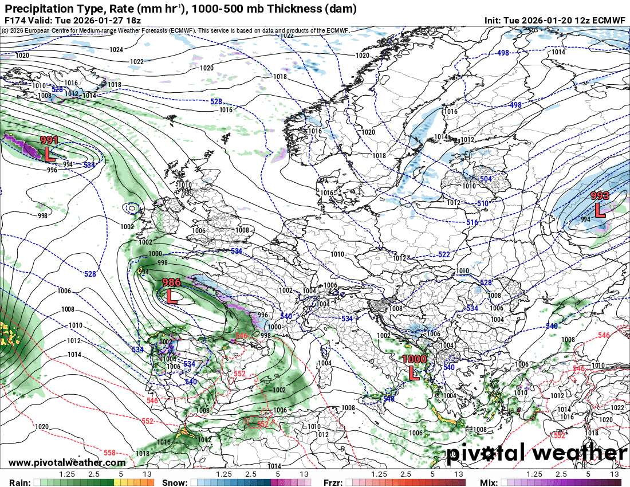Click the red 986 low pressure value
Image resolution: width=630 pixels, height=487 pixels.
point(172,282)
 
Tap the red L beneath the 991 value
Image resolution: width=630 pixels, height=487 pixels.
point(50,153)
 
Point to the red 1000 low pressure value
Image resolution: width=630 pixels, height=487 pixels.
point(414,359)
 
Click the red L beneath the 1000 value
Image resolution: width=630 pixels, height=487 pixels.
point(414,374)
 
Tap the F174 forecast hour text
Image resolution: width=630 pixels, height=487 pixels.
point(14,20)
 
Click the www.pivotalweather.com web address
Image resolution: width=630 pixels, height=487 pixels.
point(67,462)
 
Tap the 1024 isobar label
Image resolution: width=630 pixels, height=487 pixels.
point(116,50)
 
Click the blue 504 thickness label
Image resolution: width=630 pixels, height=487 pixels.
point(486,179)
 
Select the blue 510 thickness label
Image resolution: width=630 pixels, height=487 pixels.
point(482,204)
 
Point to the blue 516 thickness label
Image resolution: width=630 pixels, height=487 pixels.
point(472,222)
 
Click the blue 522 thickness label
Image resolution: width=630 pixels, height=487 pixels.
point(444,254)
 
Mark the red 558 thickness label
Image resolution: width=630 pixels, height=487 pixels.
point(110,451)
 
